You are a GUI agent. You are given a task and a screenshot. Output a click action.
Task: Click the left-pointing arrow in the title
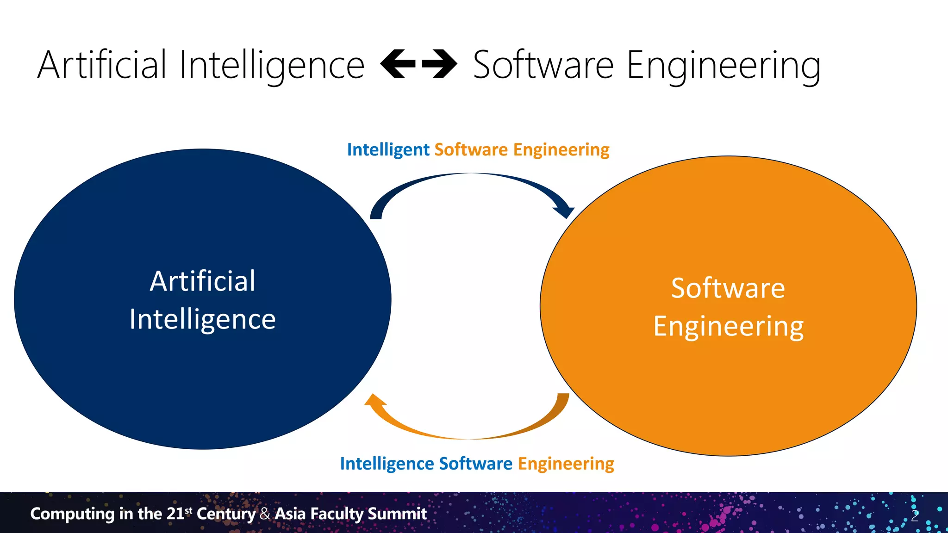(x=397, y=64)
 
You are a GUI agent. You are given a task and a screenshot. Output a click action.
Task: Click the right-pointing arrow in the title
(x=440, y=64)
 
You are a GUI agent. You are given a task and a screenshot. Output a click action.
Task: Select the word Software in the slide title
(x=543, y=65)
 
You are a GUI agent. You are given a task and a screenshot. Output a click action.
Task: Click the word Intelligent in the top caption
(x=388, y=150)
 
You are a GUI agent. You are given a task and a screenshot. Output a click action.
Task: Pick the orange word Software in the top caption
(x=471, y=150)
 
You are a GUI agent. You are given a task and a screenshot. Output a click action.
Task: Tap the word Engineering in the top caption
(x=561, y=150)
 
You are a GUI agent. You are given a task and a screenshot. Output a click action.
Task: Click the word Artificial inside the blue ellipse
(x=202, y=281)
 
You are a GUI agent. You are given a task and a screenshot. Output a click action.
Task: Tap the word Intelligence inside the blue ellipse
(x=202, y=319)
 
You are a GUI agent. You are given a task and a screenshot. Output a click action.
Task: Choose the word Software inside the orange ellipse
(x=728, y=288)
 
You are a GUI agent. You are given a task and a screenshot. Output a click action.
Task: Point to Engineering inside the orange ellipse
(x=728, y=327)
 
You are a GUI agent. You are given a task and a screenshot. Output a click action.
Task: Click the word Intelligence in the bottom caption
(x=387, y=464)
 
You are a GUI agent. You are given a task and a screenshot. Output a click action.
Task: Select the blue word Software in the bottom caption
(x=475, y=464)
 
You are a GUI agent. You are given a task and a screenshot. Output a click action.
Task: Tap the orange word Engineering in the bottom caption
(x=566, y=464)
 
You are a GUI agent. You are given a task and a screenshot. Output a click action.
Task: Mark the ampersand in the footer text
(x=265, y=514)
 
